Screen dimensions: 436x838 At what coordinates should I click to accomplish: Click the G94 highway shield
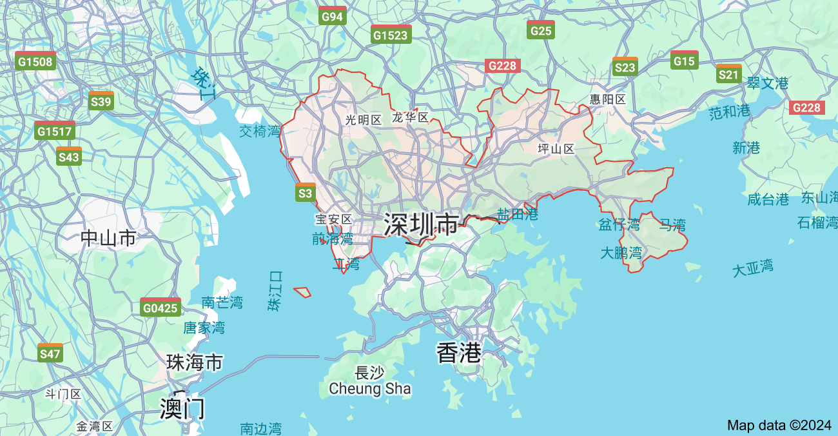333,15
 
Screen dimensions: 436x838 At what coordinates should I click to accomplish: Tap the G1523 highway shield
391,34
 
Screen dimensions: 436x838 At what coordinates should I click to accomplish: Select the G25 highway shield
540,30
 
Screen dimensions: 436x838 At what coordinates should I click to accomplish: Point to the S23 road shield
625,66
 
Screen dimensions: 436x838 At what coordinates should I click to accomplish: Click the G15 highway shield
684,60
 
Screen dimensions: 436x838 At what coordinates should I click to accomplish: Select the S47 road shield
50,353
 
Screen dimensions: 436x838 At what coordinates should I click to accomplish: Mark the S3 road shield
305,192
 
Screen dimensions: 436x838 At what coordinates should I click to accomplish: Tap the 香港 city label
459,352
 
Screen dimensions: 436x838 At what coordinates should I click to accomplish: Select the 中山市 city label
108,238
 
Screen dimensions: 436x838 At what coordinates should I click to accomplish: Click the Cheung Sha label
369,388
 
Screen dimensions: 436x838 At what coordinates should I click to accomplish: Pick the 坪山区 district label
556,148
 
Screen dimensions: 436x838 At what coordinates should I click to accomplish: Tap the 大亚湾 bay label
752,268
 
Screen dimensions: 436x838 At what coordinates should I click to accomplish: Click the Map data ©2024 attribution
779,425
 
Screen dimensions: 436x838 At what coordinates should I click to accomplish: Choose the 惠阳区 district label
608,99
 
